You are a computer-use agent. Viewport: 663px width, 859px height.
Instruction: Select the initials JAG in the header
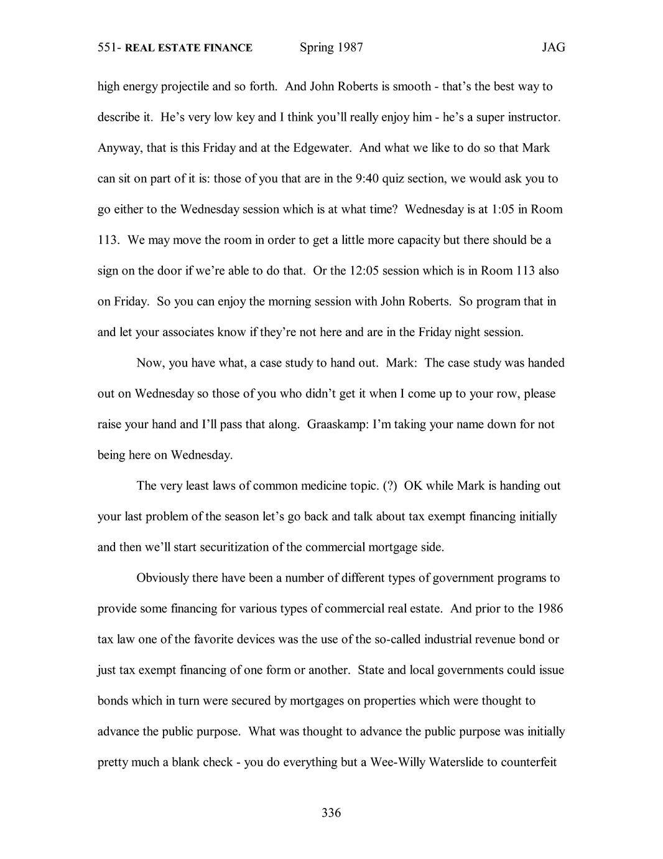[x=553, y=48]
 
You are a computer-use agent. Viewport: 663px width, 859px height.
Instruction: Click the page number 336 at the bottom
[x=331, y=812]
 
